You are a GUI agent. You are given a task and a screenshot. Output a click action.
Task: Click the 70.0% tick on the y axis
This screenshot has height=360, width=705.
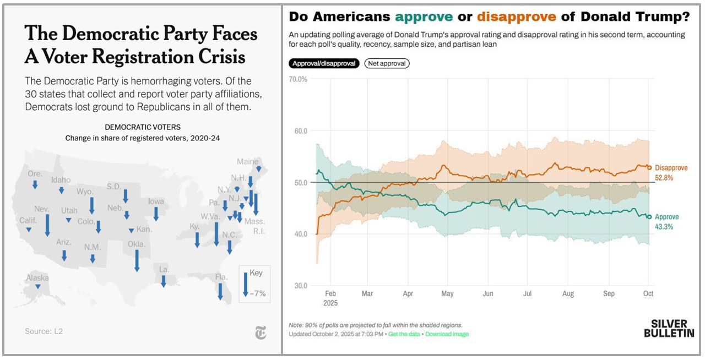click(x=298, y=79)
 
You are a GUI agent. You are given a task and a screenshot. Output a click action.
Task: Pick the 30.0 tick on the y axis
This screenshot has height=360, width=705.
click(x=300, y=286)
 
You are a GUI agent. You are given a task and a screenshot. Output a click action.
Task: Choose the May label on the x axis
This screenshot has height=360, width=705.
click(x=448, y=294)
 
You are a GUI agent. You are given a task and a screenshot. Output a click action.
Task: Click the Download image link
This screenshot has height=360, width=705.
click(x=447, y=334)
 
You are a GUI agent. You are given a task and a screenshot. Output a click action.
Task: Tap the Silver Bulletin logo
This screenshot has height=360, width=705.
click(x=669, y=328)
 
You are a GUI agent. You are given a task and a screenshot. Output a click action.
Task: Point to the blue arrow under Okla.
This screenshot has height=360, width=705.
click(x=137, y=260)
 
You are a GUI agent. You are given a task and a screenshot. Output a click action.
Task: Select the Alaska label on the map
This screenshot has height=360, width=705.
click(x=37, y=278)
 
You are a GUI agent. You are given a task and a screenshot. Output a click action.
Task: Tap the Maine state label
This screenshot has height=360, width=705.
click(x=248, y=162)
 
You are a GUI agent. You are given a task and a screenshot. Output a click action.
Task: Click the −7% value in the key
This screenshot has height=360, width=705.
click(x=258, y=293)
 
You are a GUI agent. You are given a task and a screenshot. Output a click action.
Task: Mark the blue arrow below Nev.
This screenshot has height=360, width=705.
click(x=48, y=225)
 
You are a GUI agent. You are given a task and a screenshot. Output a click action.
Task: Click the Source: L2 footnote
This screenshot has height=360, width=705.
click(x=44, y=331)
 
